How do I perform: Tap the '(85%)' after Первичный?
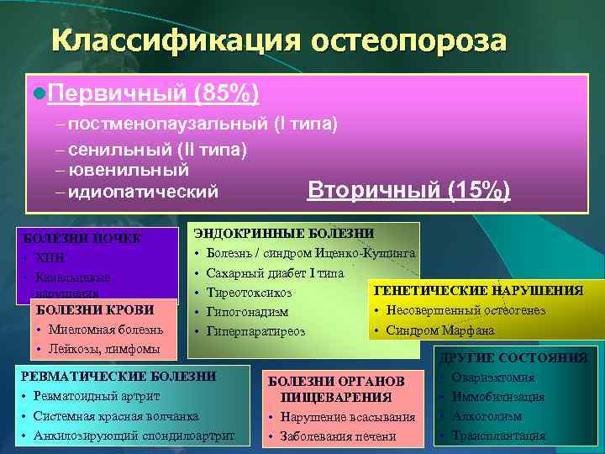(x=226, y=92)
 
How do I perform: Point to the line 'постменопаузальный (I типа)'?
(x=203, y=124)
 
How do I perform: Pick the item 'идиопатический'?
(x=142, y=192)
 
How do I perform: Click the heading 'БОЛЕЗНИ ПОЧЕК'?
(x=82, y=238)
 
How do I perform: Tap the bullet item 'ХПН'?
(x=52, y=257)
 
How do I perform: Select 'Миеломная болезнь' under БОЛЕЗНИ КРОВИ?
(x=100, y=329)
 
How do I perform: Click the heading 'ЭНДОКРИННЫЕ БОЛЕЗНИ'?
(x=284, y=233)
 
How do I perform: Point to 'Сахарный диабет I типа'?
(x=275, y=273)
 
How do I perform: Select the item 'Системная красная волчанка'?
(x=115, y=416)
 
